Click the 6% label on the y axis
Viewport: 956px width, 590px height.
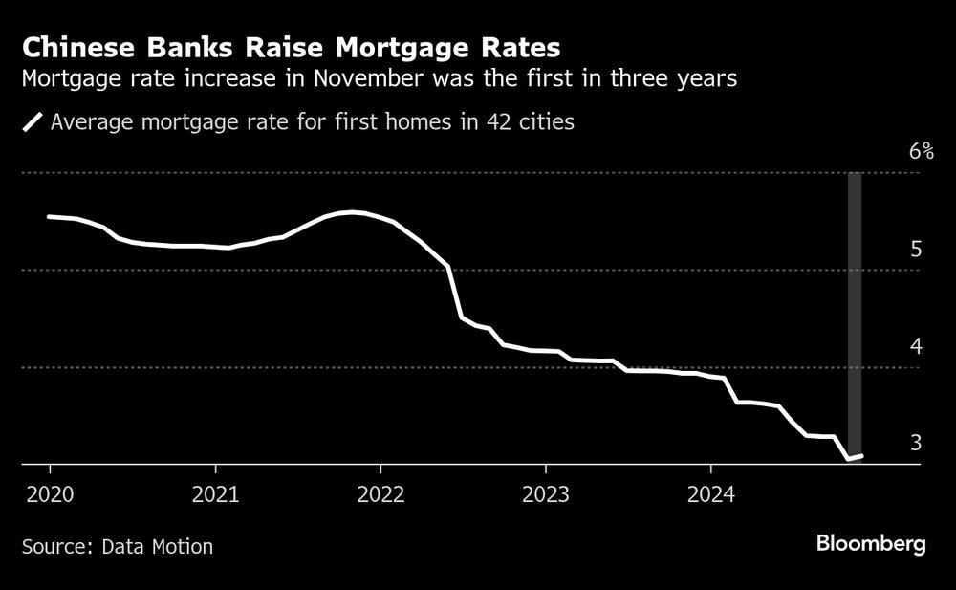(921, 151)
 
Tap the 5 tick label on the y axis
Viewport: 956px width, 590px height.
(915, 250)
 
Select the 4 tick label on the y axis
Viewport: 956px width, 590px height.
(915, 346)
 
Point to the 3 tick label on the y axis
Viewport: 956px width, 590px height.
(915, 443)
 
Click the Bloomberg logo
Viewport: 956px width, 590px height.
(871, 544)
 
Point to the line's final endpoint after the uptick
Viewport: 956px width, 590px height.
(862, 456)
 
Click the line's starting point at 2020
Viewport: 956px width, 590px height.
(49, 217)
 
